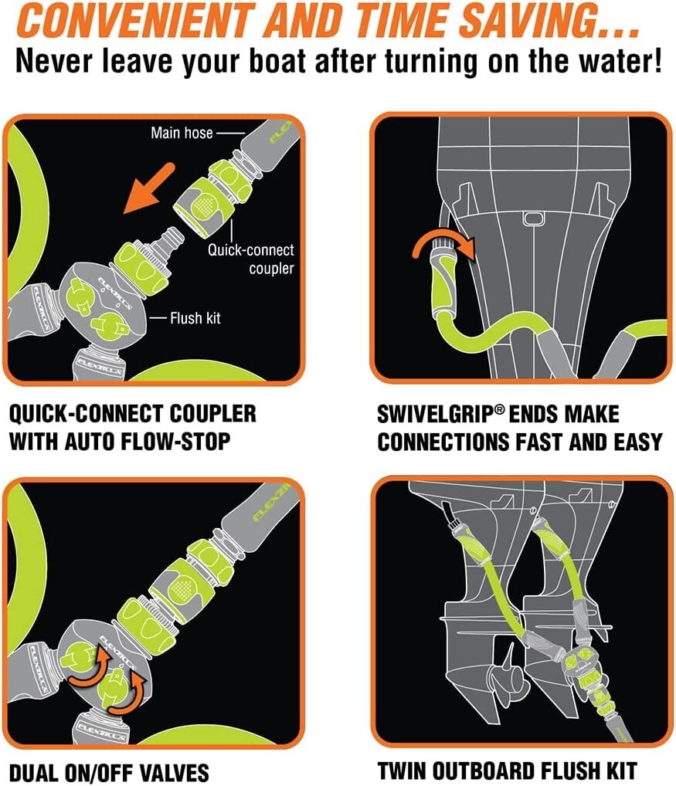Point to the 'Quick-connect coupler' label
point(251,259)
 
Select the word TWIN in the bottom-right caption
point(404,770)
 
